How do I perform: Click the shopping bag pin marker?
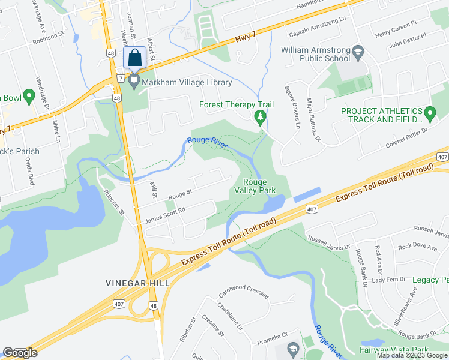(134, 59)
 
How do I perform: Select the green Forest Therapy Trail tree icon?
(260, 116)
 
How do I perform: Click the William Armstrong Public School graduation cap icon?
(358, 50)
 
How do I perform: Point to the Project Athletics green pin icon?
(429, 112)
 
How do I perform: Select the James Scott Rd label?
(165, 216)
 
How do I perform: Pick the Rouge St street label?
(179, 194)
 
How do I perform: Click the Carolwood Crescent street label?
(243, 297)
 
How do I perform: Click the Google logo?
(20, 353)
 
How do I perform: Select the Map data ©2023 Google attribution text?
(412, 355)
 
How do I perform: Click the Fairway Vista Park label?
(394, 350)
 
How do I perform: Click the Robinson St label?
(49, 37)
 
